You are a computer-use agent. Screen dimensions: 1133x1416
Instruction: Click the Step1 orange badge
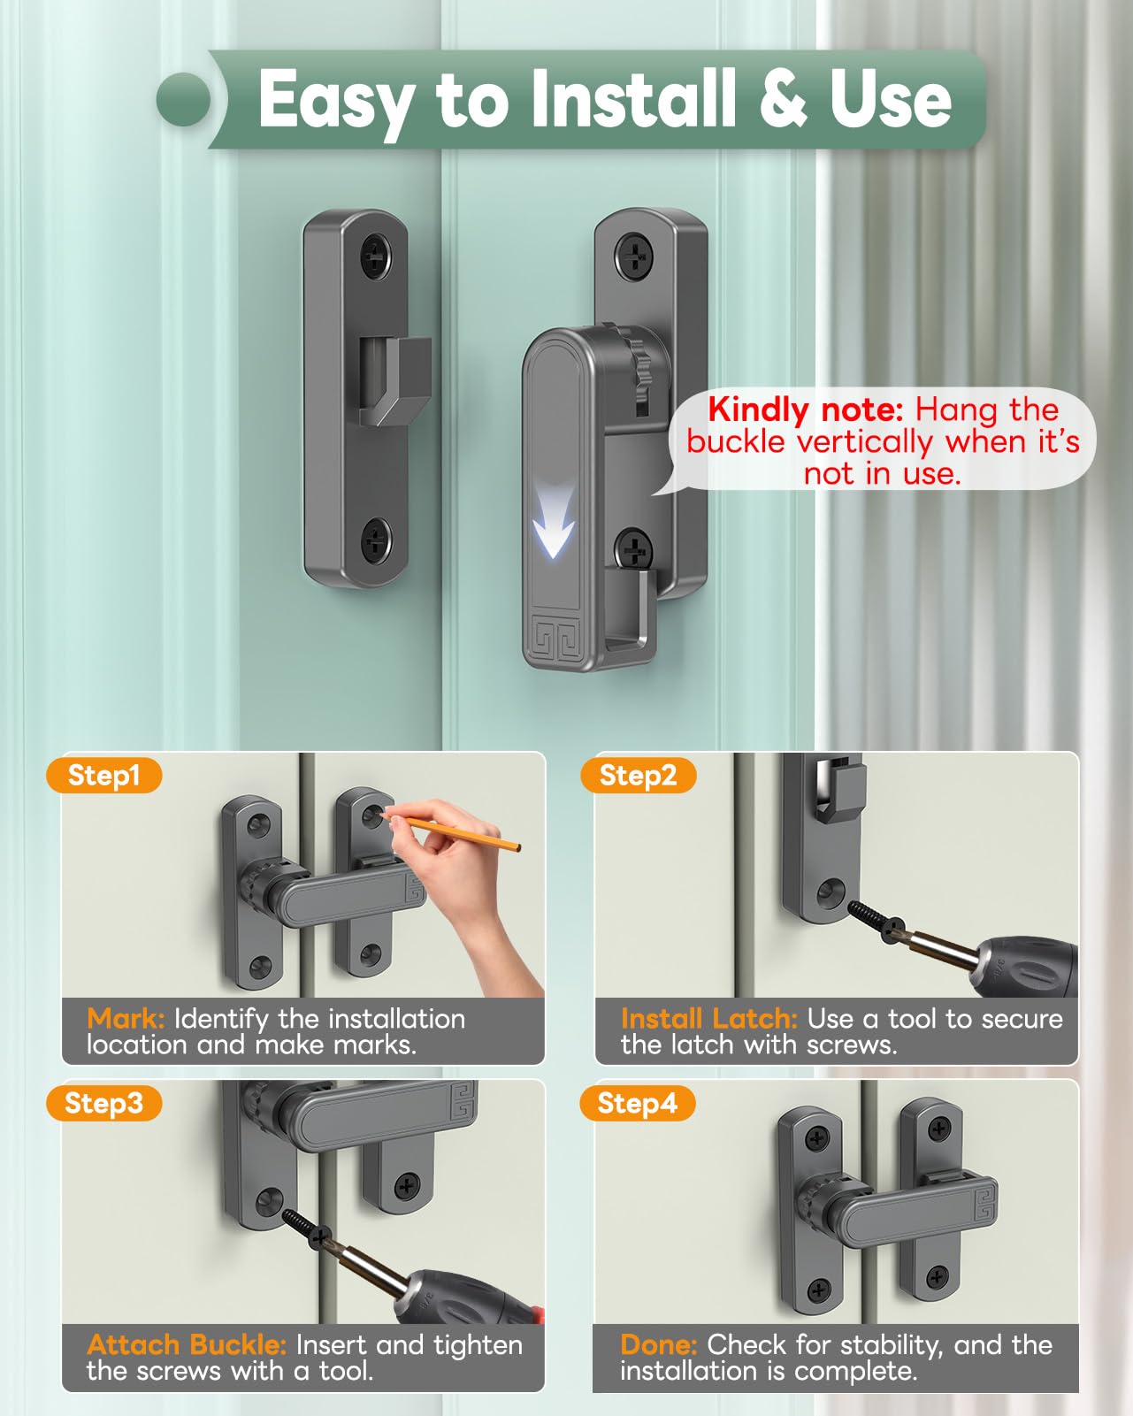click(104, 775)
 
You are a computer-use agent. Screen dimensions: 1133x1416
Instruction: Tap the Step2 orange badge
click(638, 775)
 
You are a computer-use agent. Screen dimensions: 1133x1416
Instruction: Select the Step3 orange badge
click(104, 1103)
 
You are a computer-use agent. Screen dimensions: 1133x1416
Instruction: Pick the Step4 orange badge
click(637, 1103)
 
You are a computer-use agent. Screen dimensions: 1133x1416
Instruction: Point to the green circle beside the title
click(184, 99)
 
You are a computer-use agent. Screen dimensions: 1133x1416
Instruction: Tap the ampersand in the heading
click(783, 98)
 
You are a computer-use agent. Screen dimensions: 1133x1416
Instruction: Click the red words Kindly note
click(806, 409)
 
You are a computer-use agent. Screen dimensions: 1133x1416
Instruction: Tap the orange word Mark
click(125, 1019)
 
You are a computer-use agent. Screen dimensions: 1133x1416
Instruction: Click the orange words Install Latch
click(709, 1019)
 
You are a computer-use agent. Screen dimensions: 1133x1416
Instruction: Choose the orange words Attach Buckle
click(187, 1345)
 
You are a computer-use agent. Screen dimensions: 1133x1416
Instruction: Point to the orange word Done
click(659, 1345)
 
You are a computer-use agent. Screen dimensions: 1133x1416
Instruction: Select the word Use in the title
click(890, 98)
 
